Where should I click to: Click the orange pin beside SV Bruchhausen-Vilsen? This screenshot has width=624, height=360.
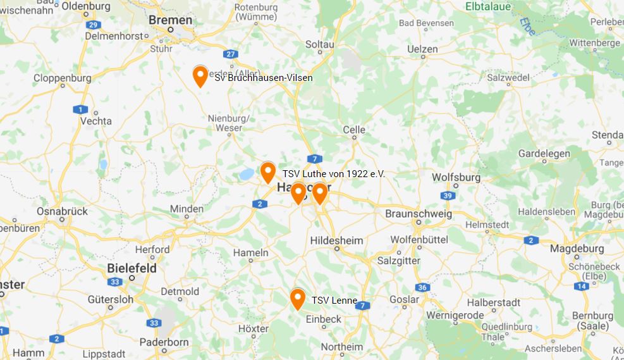(x=200, y=75)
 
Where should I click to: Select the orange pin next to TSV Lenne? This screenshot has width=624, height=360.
(x=298, y=298)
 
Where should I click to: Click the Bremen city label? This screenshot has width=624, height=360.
(x=170, y=20)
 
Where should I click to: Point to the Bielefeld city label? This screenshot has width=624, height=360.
(x=131, y=268)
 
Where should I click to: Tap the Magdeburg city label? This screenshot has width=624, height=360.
(x=577, y=249)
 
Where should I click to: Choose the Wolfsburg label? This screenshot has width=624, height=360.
(x=456, y=178)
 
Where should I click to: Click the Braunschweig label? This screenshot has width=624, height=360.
(x=419, y=214)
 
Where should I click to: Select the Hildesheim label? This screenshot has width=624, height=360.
(x=336, y=240)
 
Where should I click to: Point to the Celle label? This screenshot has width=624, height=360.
(x=354, y=130)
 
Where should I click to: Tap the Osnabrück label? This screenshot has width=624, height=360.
(x=61, y=211)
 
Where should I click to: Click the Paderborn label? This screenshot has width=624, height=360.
(x=164, y=342)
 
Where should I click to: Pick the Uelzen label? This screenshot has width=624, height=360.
(x=422, y=49)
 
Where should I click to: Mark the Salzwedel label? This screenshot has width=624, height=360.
(x=508, y=78)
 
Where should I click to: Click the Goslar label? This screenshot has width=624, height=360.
(x=404, y=299)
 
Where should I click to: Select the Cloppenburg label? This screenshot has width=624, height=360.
(x=62, y=78)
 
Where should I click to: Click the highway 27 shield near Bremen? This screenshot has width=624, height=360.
(x=231, y=54)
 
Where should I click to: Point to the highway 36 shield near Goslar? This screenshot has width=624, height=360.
(x=422, y=288)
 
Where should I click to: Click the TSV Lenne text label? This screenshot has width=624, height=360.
(x=334, y=301)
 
